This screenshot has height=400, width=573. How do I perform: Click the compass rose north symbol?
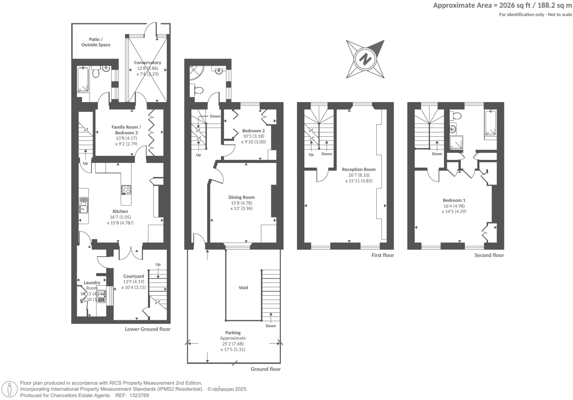365,59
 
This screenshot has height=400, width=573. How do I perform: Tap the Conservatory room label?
147,63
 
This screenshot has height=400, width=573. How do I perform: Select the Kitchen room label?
120,212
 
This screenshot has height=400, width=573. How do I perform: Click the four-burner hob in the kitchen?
126,189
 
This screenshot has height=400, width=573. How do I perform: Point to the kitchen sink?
83,205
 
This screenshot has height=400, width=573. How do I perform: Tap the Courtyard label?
134,276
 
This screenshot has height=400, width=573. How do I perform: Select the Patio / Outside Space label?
96,42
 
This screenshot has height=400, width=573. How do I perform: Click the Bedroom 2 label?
253,131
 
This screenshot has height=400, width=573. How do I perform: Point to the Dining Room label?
241,197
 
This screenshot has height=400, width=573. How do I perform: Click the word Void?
243,288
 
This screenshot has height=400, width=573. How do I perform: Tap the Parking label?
233,333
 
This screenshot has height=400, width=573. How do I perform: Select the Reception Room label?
359,170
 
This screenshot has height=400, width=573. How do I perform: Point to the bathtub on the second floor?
490,124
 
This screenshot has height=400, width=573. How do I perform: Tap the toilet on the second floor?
456,116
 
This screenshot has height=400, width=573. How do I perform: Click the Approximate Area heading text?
502,5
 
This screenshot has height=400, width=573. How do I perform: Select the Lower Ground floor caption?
148,329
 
